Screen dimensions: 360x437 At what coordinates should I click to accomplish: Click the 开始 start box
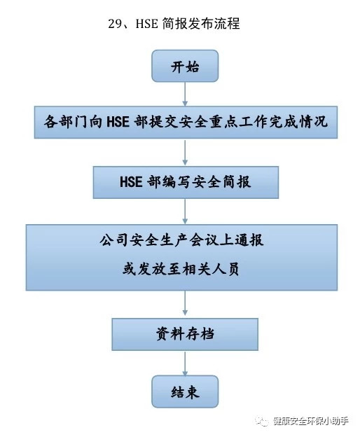click(185, 66)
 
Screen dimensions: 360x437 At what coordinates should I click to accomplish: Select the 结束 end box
click(185, 391)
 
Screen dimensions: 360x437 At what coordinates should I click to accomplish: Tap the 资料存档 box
click(185, 335)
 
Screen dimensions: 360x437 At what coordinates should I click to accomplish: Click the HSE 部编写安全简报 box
click(186, 182)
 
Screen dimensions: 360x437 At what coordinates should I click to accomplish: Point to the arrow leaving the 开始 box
click(185, 94)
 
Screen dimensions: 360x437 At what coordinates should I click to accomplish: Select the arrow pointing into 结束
click(185, 363)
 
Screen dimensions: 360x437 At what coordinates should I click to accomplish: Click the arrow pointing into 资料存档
click(185, 303)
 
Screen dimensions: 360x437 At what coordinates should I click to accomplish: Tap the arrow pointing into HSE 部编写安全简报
click(185, 152)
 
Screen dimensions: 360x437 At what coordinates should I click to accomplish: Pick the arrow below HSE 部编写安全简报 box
click(185, 211)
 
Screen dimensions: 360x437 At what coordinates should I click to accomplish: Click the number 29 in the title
click(115, 23)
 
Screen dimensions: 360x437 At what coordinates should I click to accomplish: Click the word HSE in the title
click(146, 23)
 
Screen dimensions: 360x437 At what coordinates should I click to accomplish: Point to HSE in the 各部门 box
click(118, 122)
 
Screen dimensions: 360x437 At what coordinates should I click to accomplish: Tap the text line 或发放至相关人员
click(181, 269)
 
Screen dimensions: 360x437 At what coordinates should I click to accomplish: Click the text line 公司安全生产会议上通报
click(181, 240)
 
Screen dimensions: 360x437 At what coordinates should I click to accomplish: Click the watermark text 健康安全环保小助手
click(311, 421)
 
